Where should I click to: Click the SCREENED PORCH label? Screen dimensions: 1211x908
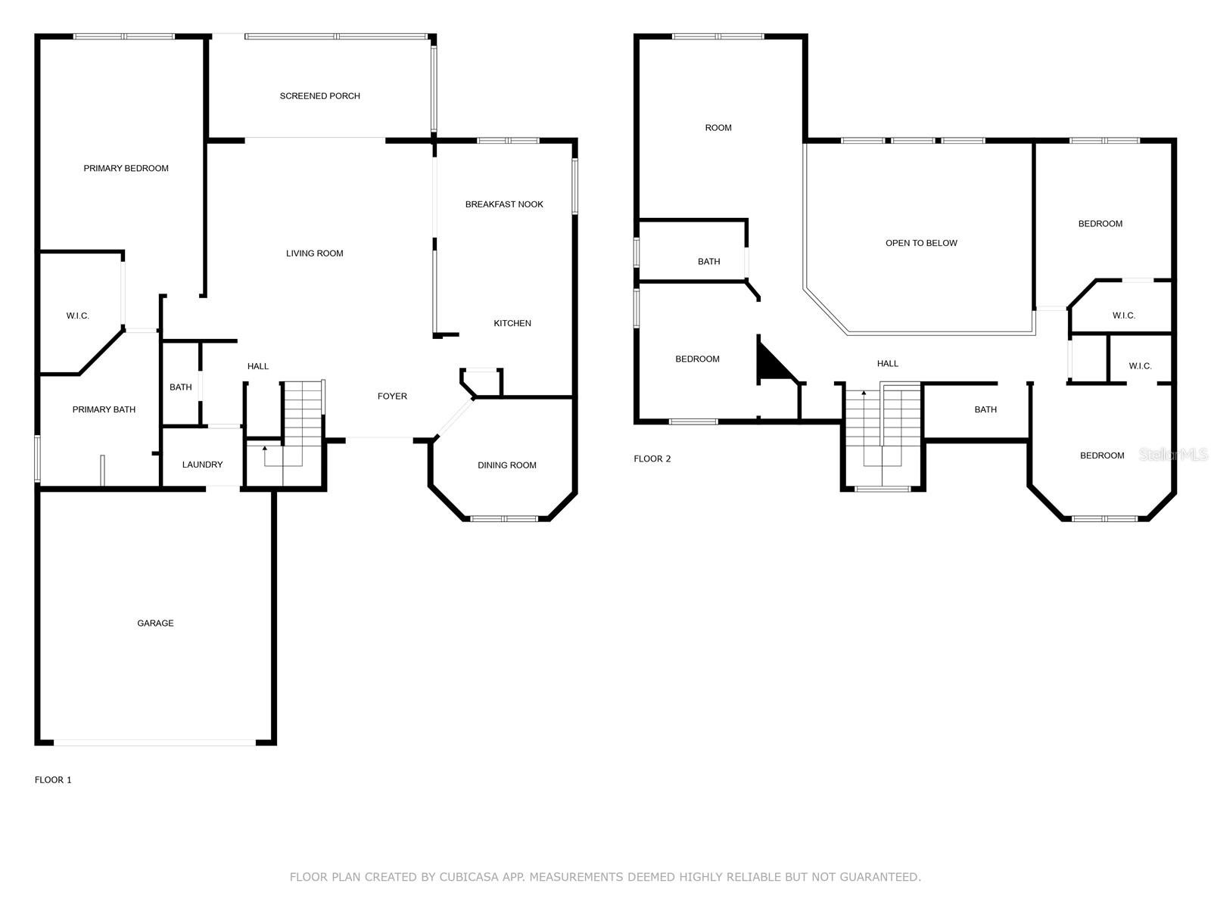pos(319,96)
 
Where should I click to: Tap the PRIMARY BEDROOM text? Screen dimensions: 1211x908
pos(126,168)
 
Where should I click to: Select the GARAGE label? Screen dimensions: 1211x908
pos(155,623)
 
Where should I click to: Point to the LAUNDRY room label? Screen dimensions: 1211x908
pos(203,465)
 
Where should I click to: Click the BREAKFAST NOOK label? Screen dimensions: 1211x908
pos(504,204)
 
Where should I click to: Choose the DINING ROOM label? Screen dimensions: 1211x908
pos(506,465)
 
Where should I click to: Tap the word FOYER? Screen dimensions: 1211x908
pos(392,396)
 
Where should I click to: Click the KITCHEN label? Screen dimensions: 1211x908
pos(512,323)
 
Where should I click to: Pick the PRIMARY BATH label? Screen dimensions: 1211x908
pos(104,409)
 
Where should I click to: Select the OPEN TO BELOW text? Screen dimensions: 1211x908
pos(921,243)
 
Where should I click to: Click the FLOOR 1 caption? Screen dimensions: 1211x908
pos(53,779)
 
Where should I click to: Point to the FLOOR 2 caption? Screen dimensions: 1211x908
pos(652,459)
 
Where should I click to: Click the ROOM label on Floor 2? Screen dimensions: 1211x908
pos(718,128)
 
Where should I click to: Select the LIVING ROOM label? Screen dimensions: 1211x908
pos(314,253)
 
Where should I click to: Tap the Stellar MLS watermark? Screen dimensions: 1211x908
pos(1173,454)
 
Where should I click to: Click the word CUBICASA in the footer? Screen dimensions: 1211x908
pos(469,876)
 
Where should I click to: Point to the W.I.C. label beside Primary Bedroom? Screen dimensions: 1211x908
pos(77,316)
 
